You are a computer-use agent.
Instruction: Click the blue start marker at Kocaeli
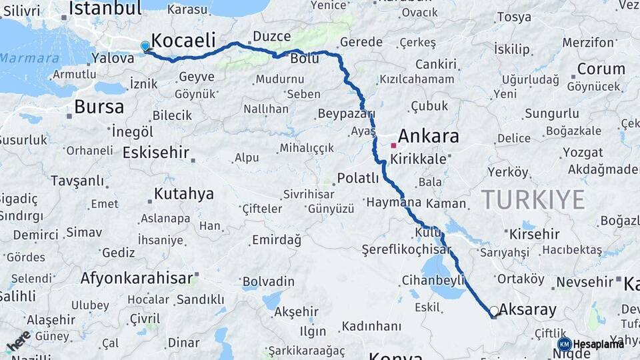pos(145,46)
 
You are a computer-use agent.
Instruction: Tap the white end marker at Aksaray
pos(494,311)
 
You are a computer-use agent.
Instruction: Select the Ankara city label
pos(429,137)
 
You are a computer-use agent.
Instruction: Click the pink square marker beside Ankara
pos(393,145)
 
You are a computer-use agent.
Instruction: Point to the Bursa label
pos(99,107)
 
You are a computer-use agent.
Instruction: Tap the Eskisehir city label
pos(156,153)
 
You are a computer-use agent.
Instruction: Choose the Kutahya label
pos(184,194)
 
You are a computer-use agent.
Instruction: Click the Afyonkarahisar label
pos(137,278)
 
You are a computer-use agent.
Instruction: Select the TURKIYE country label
pos(533,199)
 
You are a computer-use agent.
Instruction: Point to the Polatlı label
pos(358,179)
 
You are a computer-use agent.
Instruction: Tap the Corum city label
pos(601,69)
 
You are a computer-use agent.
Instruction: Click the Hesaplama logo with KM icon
pos(591,344)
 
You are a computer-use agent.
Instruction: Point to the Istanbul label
pos(105,9)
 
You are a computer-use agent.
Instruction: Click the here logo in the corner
pos(18,341)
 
